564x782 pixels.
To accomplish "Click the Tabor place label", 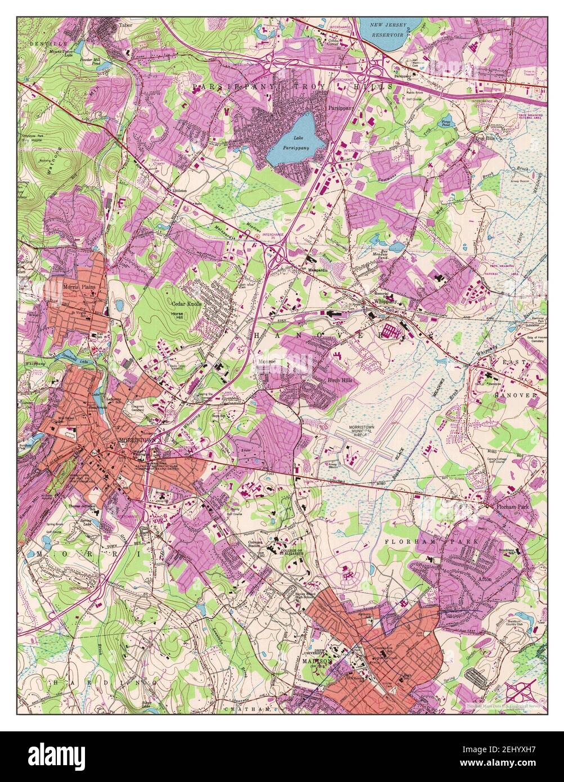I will click(x=125, y=25).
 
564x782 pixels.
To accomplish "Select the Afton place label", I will click(x=485, y=578).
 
